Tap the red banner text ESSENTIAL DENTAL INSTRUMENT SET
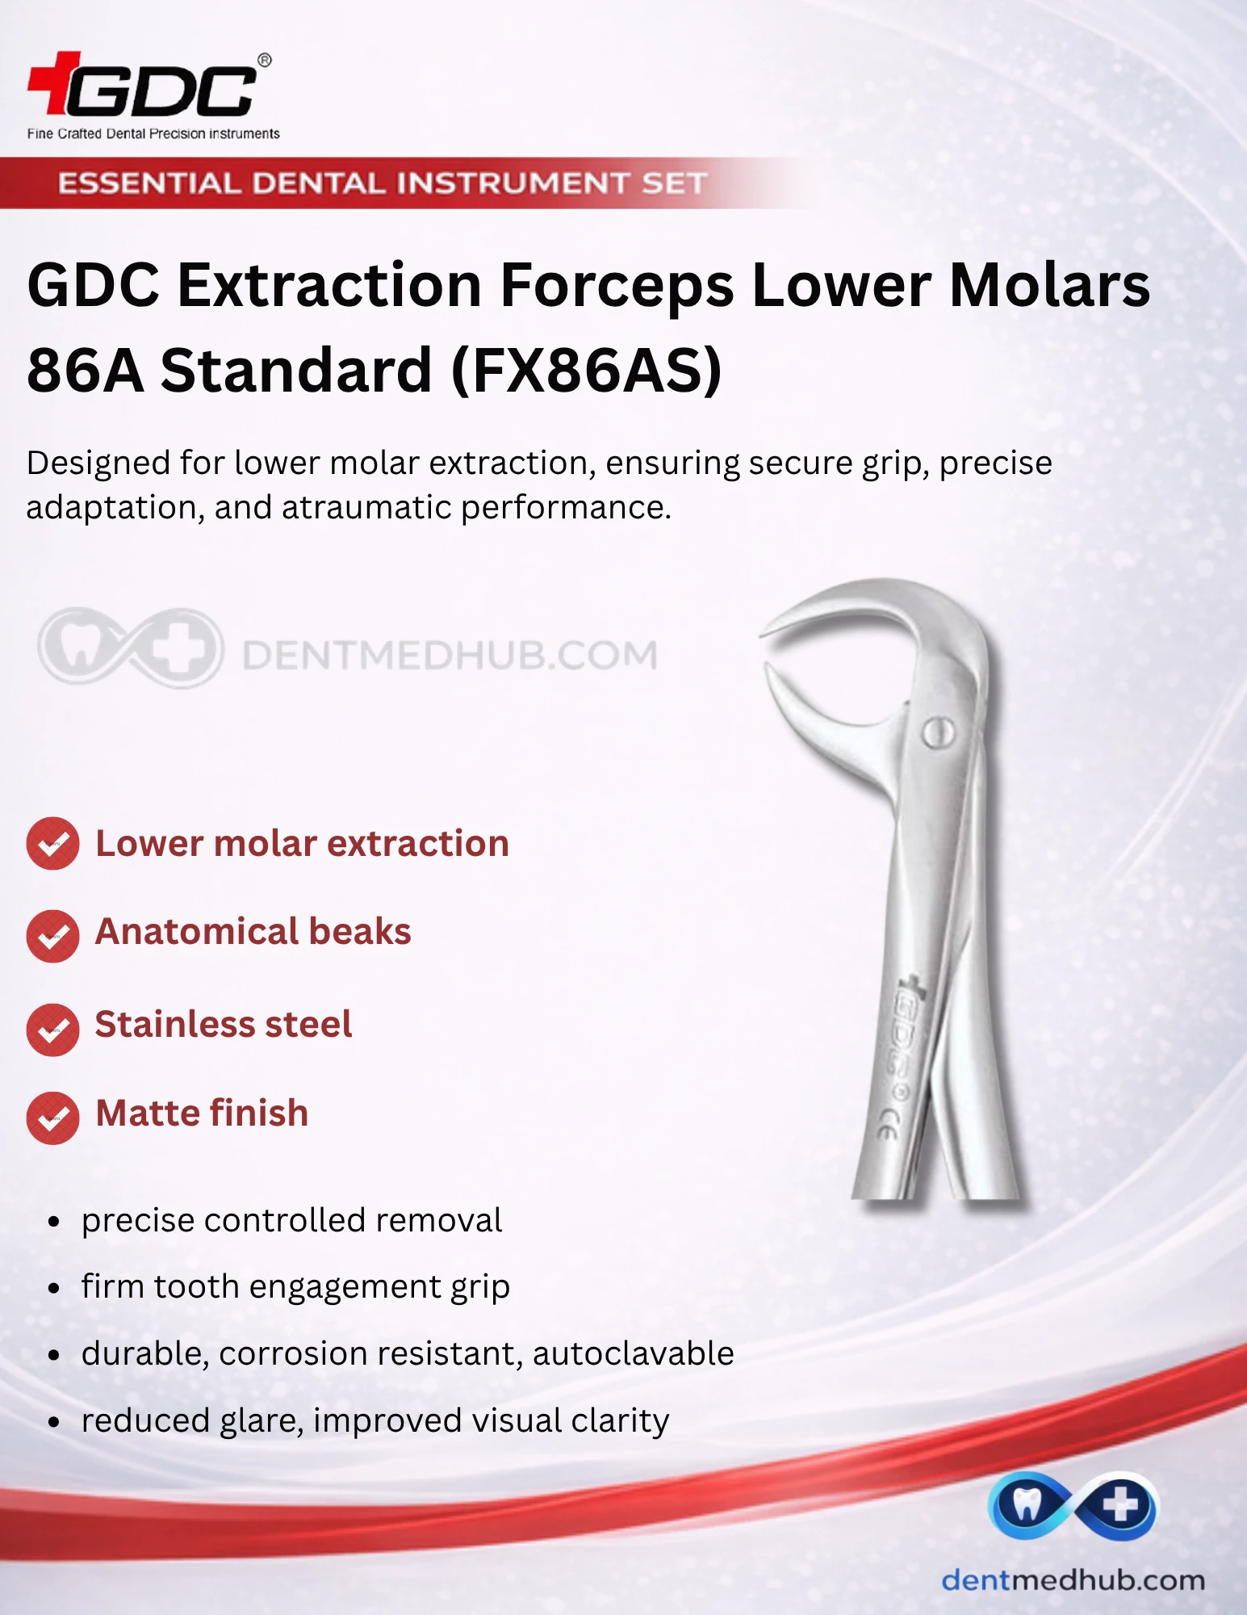click(383, 183)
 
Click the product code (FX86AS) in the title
click(587, 371)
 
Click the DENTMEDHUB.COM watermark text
click(450, 655)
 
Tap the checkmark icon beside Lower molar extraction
click(53, 844)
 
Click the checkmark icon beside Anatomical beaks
click(53, 936)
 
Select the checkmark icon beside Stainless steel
click(53, 1030)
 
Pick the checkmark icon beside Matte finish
click(53, 1118)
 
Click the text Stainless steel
click(224, 1024)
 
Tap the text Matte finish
click(202, 1113)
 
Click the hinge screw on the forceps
click(938, 732)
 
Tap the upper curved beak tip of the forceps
click(764, 634)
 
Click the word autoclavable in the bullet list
click(634, 1353)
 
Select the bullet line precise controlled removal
click(291, 1220)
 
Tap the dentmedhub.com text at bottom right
click(1073, 1580)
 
